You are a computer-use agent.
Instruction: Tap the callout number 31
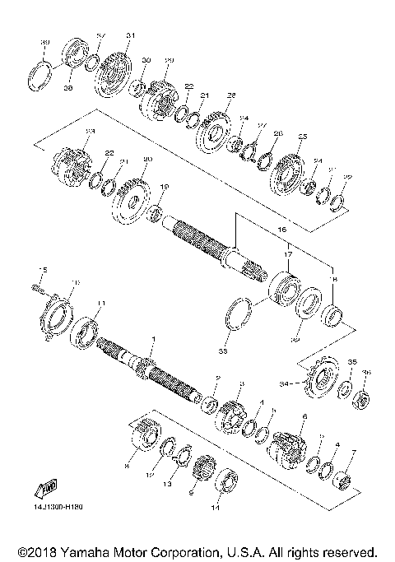point(129,35)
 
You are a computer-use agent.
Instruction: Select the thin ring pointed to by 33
point(240,313)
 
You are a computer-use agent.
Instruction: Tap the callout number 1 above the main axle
point(153,339)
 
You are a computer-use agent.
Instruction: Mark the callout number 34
point(285,382)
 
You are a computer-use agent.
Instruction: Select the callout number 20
point(148,160)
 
